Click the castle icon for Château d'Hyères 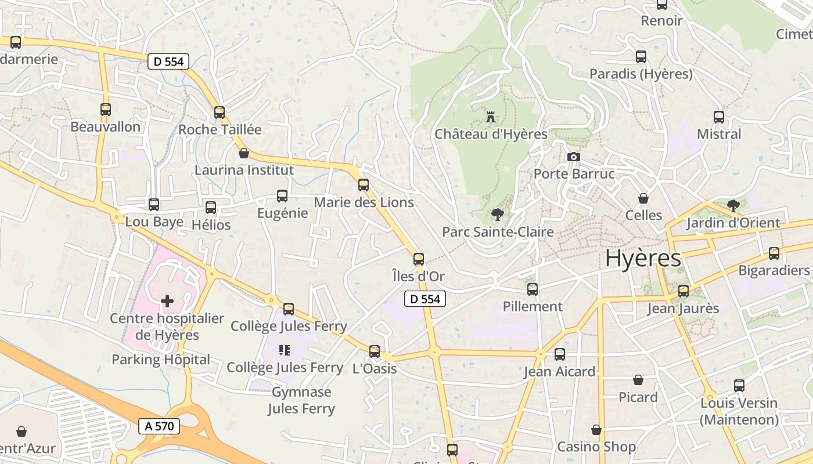tap(491, 117)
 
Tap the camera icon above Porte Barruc tap(573, 157)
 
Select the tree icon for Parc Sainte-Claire tap(497, 215)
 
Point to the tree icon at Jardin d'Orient tap(733, 205)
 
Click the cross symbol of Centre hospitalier tap(167, 300)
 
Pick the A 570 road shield tap(160, 426)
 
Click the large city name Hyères tap(643, 259)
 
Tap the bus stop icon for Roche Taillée tap(220, 113)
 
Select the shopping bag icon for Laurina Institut tap(244, 153)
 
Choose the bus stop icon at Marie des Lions tap(364, 185)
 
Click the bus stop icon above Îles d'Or tap(419, 259)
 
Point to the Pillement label tap(533, 306)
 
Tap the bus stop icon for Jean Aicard tap(560, 354)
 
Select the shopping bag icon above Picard tap(638, 380)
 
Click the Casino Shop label tap(596, 447)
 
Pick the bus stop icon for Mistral tap(719, 117)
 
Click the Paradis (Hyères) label tap(641, 74)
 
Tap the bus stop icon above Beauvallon tap(106, 109)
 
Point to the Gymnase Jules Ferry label tap(301, 400)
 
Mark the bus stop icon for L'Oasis tap(375, 351)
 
